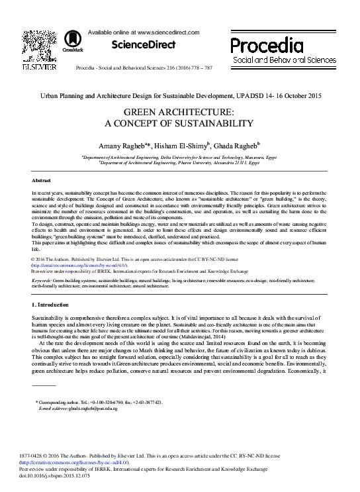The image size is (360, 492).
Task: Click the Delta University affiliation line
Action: [177, 158]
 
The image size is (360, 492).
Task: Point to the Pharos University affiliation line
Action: [177, 163]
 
